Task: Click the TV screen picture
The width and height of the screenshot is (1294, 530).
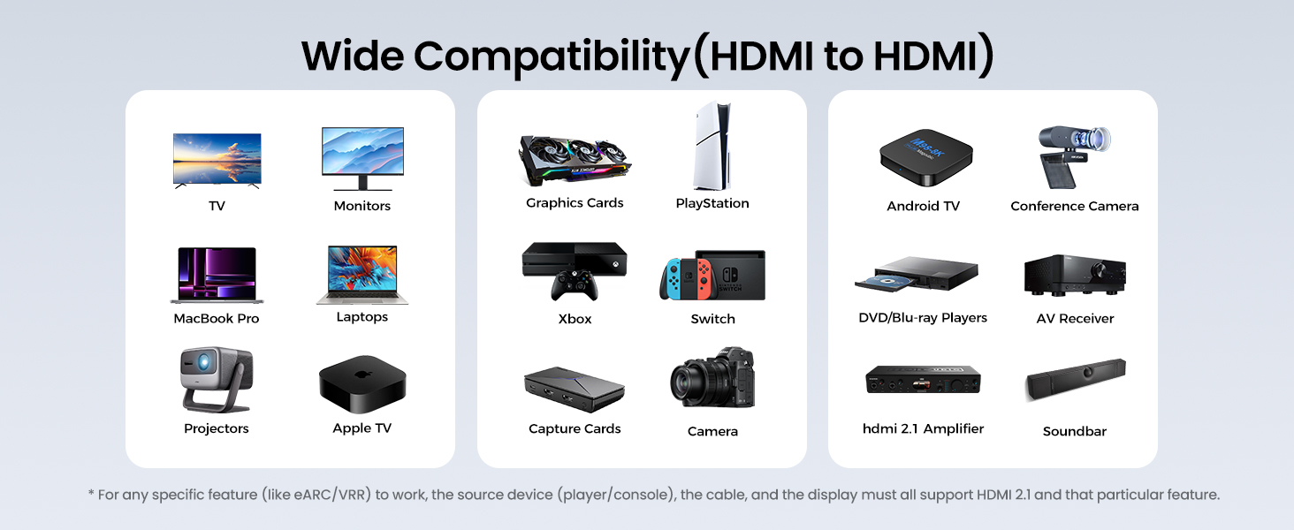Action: click(x=217, y=159)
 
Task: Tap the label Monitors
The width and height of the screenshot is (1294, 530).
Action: click(x=362, y=206)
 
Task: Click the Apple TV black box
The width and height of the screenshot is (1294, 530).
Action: click(x=362, y=383)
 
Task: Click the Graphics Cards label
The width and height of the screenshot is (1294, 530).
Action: click(x=575, y=203)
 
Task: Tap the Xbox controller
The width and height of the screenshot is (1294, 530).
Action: click(x=575, y=284)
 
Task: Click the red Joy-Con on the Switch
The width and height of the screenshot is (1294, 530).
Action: click(x=704, y=278)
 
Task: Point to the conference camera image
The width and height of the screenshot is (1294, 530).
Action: click(x=1072, y=155)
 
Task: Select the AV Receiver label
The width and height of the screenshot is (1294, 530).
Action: click(x=1075, y=319)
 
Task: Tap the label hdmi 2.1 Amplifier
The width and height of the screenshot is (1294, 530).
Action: click(x=923, y=428)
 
